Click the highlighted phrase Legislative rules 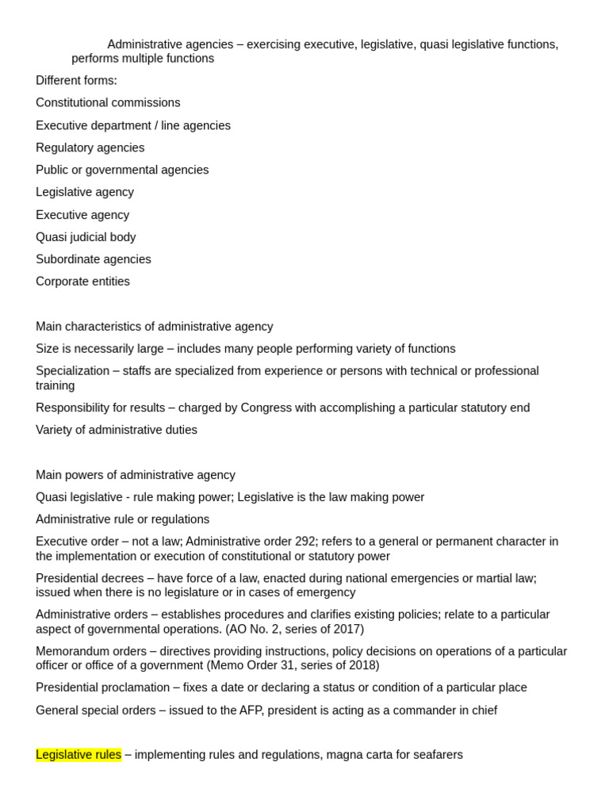click(x=79, y=755)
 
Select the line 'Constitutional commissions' click(x=108, y=103)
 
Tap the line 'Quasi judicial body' click(x=86, y=237)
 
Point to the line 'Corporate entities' click(x=82, y=282)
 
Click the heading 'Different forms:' click(x=76, y=81)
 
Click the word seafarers click(x=435, y=755)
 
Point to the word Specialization click(x=73, y=371)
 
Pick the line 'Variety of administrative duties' click(x=117, y=430)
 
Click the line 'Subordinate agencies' click(x=94, y=259)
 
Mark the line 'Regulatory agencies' click(x=90, y=147)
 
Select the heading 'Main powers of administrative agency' click(x=136, y=475)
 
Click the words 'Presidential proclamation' click(x=103, y=688)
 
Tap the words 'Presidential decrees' click(x=89, y=578)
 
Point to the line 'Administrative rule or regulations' click(x=123, y=519)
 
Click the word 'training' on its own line click(x=56, y=385)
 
